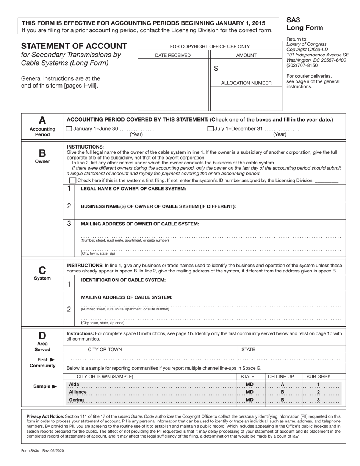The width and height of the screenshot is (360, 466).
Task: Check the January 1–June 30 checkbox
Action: click(69, 128)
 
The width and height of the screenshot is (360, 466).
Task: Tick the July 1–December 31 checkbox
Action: click(210, 128)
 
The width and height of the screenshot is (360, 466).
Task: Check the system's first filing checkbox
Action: click(73, 180)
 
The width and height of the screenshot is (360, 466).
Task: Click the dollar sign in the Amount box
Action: click(216, 69)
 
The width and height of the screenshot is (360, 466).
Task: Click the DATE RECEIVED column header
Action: click(173, 55)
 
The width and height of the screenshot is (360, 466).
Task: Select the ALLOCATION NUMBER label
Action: click(246, 83)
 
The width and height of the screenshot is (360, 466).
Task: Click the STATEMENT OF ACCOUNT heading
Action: click(74, 46)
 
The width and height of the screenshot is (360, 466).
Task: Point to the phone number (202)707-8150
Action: click(302, 65)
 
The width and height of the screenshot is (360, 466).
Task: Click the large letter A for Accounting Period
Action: click(42, 120)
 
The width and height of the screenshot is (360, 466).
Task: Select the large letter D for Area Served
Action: click(42, 335)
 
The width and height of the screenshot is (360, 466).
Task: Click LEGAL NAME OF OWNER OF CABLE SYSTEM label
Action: click(133, 189)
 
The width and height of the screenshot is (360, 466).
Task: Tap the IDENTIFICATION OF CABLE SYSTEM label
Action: click(123, 280)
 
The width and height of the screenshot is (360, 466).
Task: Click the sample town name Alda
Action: click(74, 384)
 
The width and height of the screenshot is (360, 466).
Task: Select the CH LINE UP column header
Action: click(281, 376)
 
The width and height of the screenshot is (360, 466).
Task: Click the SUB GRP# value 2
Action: click(318, 392)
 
